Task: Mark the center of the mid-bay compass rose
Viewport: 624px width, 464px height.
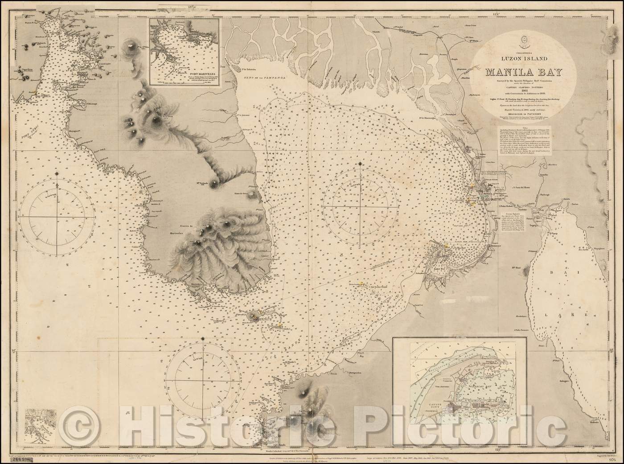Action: coord(360,208)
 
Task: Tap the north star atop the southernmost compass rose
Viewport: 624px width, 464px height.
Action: coord(203,339)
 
